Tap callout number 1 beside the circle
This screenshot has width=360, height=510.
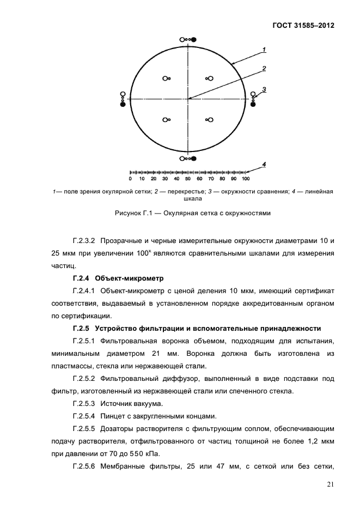point(264,50)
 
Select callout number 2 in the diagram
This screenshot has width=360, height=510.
point(264,69)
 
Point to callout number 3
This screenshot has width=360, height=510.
point(264,89)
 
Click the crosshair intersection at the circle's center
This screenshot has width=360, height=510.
point(188,99)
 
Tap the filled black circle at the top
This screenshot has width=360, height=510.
point(193,39)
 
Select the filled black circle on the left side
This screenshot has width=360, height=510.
point(123,105)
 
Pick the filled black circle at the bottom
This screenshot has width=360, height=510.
point(193,159)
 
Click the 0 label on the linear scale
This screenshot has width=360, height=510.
point(130,179)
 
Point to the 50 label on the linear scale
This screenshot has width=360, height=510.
point(188,179)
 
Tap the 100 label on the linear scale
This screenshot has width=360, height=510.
point(246,179)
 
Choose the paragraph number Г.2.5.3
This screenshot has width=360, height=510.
point(83,403)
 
